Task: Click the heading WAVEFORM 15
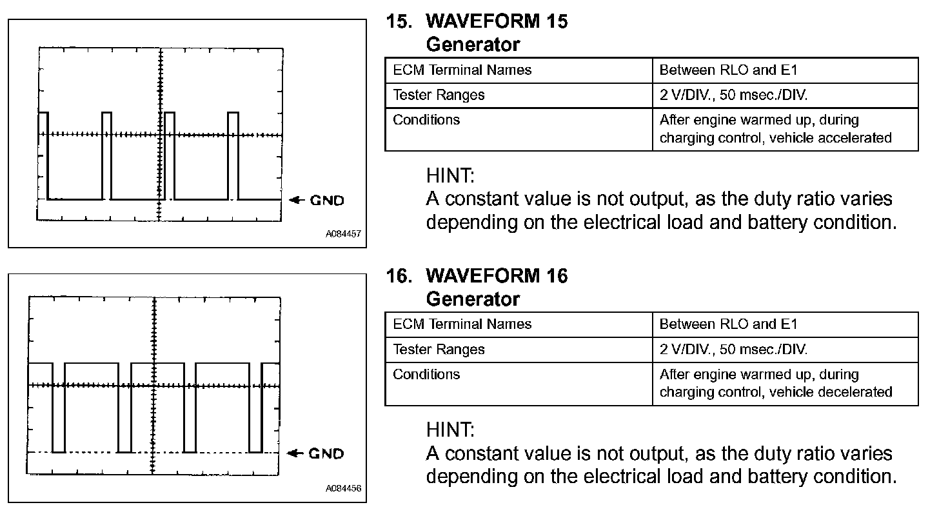click(497, 21)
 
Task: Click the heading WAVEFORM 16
click(497, 276)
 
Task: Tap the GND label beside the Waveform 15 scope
click(327, 200)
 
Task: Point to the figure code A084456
click(343, 488)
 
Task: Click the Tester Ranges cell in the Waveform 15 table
click(439, 95)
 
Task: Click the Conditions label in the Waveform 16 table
click(426, 374)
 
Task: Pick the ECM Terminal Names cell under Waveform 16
click(462, 324)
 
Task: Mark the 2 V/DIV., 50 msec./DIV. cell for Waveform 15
click(733, 95)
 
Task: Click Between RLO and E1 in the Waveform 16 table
click(728, 324)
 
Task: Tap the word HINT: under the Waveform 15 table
click(450, 175)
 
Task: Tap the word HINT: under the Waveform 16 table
click(450, 430)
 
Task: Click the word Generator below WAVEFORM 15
click(473, 45)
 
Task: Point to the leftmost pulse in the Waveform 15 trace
click(43, 155)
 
